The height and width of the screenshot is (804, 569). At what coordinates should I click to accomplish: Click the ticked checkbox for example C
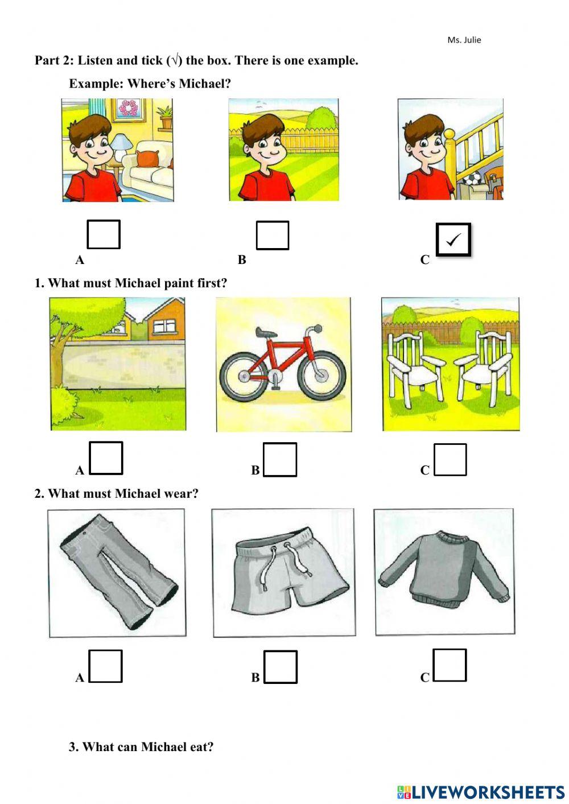pyautogui.click(x=453, y=240)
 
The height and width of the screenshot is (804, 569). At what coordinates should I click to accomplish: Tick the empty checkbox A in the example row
pyautogui.click(x=104, y=234)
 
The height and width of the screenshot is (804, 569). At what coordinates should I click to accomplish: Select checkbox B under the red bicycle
pyautogui.click(x=280, y=459)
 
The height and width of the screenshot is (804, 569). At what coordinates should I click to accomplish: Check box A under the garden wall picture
pyautogui.click(x=106, y=458)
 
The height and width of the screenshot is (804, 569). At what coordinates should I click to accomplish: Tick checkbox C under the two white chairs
pyautogui.click(x=450, y=459)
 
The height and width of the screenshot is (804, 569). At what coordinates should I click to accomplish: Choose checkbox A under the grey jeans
pyautogui.click(x=106, y=666)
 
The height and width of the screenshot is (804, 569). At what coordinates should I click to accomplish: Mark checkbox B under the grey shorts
pyautogui.click(x=281, y=666)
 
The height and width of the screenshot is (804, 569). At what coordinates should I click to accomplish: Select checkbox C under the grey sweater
pyautogui.click(x=450, y=665)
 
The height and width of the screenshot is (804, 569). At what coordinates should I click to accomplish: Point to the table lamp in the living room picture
pyautogui.click(x=120, y=143)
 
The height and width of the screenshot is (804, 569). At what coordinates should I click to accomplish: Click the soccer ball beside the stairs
pyautogui.click(x=472, y=180)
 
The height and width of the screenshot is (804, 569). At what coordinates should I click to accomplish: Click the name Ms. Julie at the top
pyautogui.click(x=464, y=40)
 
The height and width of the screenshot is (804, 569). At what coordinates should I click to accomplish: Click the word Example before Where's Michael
pyautogui.click(x=96, y=84)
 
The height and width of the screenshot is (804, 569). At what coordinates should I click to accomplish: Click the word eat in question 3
pyautogui.click(x=202, y=747)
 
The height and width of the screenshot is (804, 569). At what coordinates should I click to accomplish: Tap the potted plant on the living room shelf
pyautogui.click(x=165, y=117)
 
